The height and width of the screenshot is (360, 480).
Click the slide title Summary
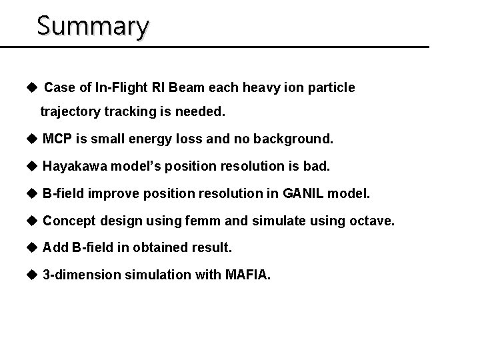pos(93,26)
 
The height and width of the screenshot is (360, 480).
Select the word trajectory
pos(71,113)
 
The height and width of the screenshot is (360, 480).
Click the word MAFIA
pos(248,274)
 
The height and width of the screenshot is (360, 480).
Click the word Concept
pos(68,220)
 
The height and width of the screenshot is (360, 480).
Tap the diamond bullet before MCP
pos(32,139)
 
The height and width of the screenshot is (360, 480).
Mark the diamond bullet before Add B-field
pos(32,247)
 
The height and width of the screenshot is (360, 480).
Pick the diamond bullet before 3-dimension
pos(32,274)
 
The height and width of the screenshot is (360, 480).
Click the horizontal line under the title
pos(213,47)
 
